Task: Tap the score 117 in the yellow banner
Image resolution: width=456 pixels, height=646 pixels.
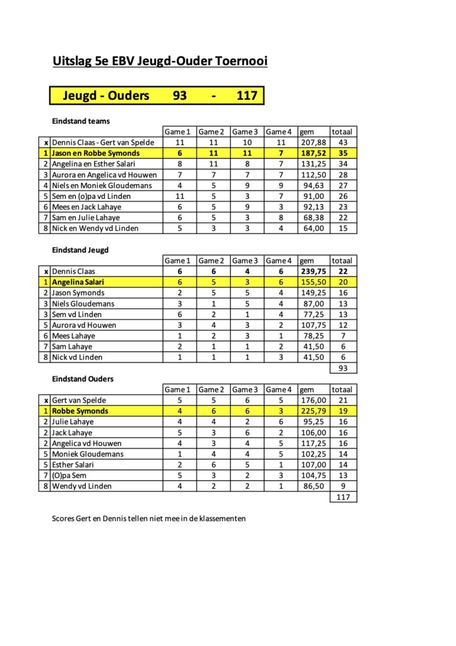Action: pos(247,95)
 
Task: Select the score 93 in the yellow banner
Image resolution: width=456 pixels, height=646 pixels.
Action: pos(180,95)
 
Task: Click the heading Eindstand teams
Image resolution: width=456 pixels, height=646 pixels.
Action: pos(81,120)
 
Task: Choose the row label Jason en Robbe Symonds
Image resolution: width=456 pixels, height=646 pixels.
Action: pos(96,153)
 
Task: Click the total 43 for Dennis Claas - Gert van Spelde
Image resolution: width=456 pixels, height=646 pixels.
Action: pos(344,143)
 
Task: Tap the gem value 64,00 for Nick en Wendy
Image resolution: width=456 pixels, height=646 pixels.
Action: pos(313,228)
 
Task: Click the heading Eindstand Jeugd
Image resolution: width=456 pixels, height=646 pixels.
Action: pos(80,250)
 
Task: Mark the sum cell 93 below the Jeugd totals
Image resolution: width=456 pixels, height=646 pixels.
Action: pos(344,368)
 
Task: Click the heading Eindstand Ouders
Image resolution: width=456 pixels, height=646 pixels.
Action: pos(83,379)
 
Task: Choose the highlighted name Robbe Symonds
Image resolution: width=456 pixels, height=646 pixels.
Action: pos(80,411)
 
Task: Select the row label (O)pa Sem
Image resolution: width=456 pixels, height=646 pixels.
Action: pos(71,475)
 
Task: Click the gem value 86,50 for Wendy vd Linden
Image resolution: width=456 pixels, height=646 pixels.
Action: pos(313,486)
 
